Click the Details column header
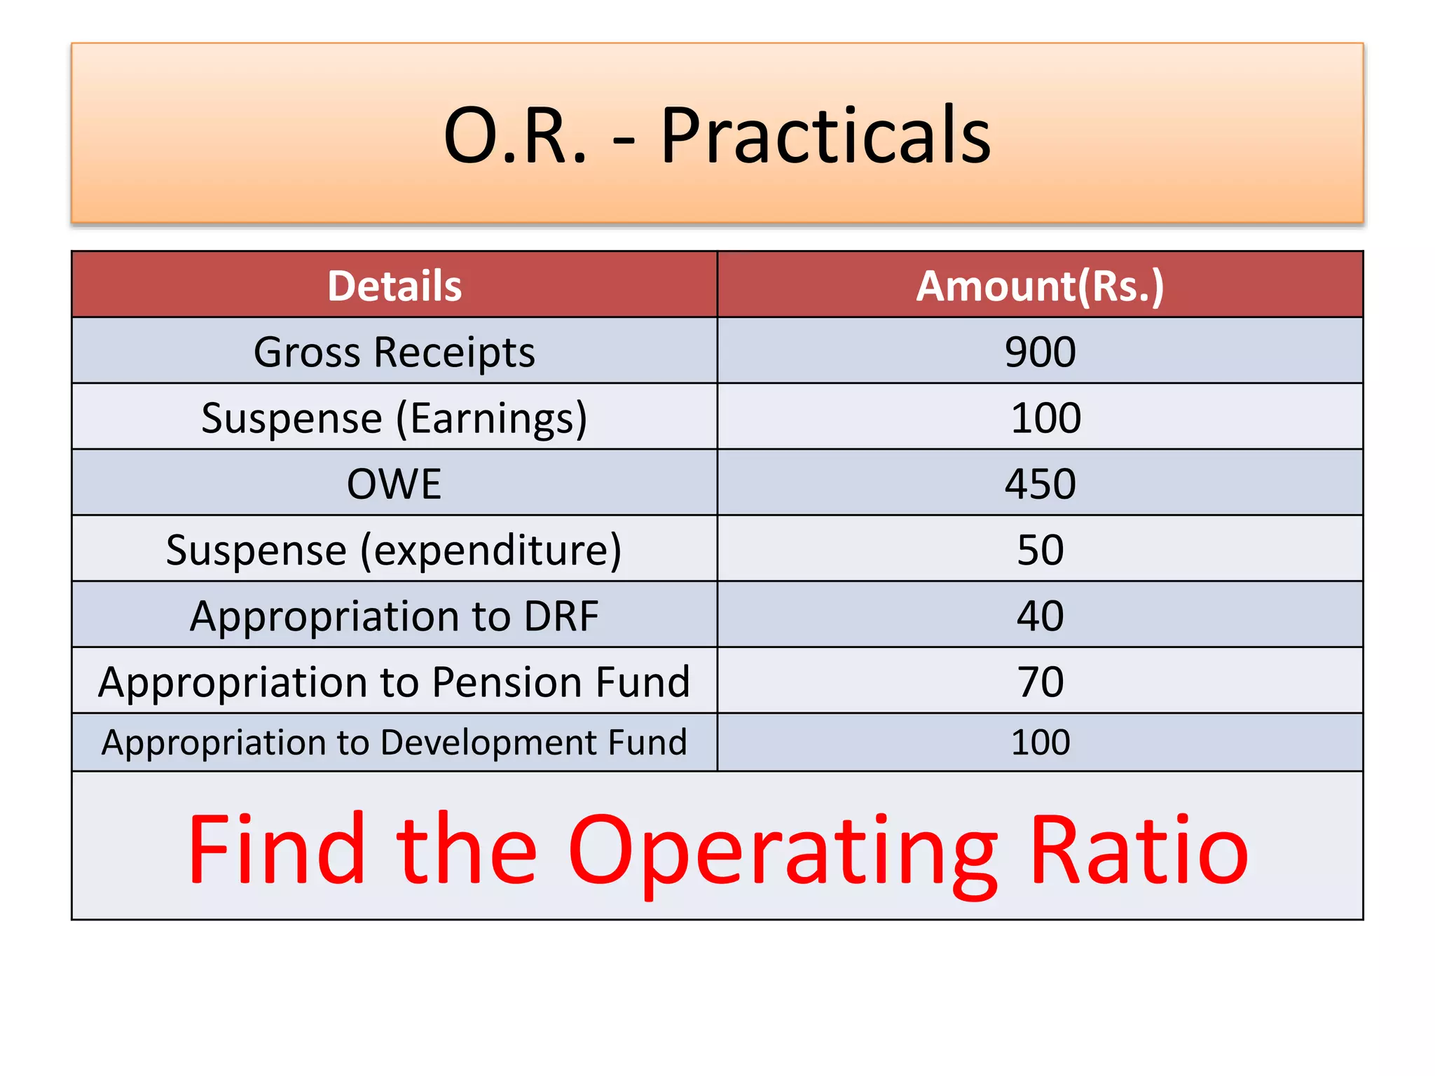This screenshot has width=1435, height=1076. pos(394,286)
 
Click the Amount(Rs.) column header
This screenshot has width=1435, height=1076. pos(1040,286)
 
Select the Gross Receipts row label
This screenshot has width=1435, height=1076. pos(394,352)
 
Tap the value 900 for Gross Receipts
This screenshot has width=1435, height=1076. pos(1040,352)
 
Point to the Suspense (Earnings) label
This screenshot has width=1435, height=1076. pos(394,418)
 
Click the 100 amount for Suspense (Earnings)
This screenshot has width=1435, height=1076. pos(1045,418)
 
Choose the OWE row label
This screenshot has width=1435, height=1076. pos(394,484)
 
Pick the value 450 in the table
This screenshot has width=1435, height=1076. pos(1040,484)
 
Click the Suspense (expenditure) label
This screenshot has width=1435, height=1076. pos(394,550)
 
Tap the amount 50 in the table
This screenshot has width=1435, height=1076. pos(1040,550)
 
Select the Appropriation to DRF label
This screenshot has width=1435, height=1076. pos(394,616)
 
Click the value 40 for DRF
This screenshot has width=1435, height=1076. pos(1040,616)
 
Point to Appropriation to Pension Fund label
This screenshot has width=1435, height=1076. pos(394,682)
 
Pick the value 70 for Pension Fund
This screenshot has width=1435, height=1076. pos(1040,682)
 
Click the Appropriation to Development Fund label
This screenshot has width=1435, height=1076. pos(394,743)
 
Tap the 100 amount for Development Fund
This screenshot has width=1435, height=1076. pos(1040,743)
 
